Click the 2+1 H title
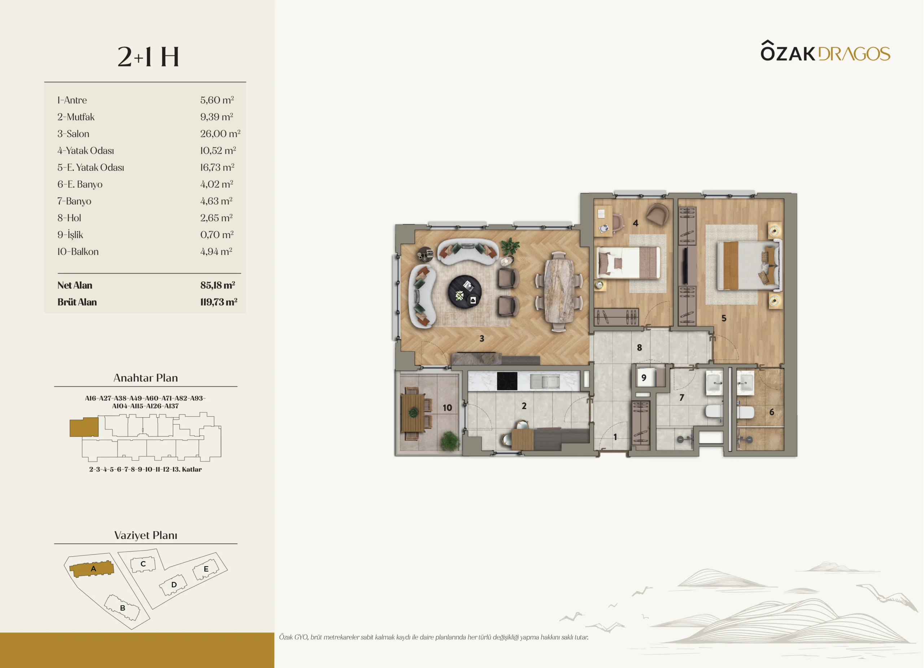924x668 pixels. (x=148, y=57)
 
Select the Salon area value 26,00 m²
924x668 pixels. (x=220, y=134)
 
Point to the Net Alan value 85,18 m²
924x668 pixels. (x=218, y=285)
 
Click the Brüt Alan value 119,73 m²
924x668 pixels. (x=218, y=302)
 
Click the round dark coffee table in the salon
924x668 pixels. (x=465, y=291)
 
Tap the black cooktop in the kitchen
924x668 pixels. (x=507, y=381)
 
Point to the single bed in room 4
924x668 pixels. (x=628, y=263)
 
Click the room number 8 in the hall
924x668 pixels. (x=639, y=348)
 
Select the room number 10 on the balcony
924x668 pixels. (x=447, y=408)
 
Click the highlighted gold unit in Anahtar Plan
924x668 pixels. (x=84, y=427)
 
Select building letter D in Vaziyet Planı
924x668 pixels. (x=174, y=585)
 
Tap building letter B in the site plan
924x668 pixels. (x=122, y=608)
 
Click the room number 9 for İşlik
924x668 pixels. (x=644, y=378)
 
